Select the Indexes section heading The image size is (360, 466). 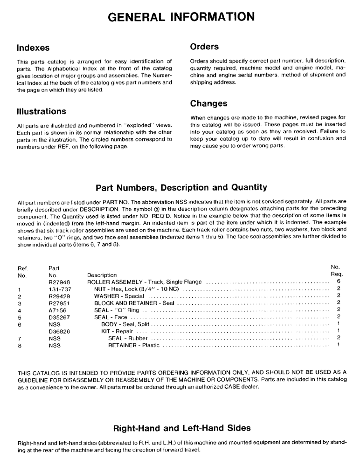[33, 48]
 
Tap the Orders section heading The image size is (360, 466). [204, 47]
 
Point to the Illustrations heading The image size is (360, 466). [42, 112]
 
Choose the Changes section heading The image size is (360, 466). [209, 103]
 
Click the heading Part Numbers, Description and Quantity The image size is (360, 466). [181, 188]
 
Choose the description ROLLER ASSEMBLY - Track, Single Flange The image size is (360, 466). [145, 282]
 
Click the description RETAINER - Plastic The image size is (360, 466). [134, 346]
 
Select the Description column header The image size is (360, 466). [102, 275]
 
